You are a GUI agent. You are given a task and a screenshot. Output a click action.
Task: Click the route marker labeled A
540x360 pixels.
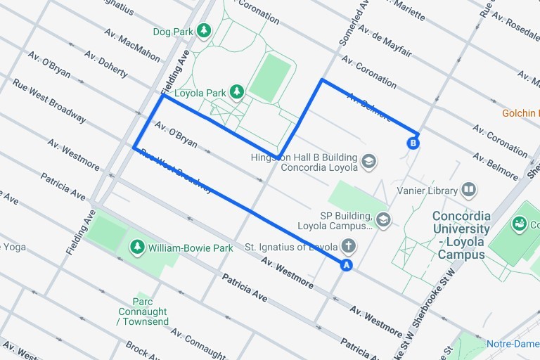[x=345, y=265]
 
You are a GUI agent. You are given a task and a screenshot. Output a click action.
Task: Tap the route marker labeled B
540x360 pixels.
[x=413, y=143]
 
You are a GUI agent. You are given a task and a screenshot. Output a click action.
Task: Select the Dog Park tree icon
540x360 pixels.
[x=204, y=30]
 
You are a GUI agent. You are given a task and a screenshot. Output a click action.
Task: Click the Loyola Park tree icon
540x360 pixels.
[x=238, y=91]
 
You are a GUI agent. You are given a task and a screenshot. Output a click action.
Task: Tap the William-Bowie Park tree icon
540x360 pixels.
[x=137, y=247]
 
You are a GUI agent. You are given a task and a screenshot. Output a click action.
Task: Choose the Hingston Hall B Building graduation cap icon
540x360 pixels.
[x=368, y=162]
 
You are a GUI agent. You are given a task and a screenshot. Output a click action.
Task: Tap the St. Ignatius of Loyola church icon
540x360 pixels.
[x=348, y=246]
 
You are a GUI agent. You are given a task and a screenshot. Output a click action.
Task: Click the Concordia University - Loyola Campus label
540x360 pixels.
[x=461, y=235]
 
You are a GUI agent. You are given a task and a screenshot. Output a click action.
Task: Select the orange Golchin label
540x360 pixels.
[x=520, y=113]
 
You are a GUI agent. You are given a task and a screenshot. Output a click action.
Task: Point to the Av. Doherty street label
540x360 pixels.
[x=105, y=64]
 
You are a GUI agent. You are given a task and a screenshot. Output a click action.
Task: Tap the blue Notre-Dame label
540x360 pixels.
[x=513, y=345]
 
